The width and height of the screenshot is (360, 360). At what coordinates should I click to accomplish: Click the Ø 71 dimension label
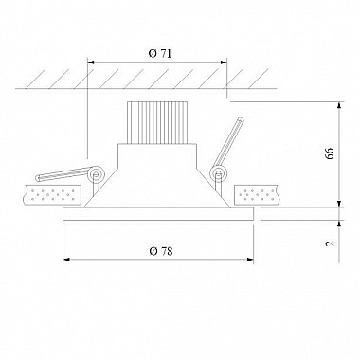tap(160, 54)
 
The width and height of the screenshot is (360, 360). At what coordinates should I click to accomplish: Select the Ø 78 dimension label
tap(161, 251)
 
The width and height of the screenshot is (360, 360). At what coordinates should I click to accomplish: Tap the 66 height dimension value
tap(330, 153)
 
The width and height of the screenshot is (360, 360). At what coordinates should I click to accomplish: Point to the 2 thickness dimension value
tap(330, 243)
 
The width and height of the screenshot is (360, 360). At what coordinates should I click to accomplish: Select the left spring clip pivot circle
tap(96, 173)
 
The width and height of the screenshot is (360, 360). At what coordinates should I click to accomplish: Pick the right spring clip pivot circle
tap(218, 173)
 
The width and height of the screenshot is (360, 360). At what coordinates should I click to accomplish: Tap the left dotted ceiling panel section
tap(52, 195)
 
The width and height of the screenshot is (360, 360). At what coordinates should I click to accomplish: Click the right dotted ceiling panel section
tap(256, 195)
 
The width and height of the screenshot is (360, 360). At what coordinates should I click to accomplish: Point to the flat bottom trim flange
tap(158, 214)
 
